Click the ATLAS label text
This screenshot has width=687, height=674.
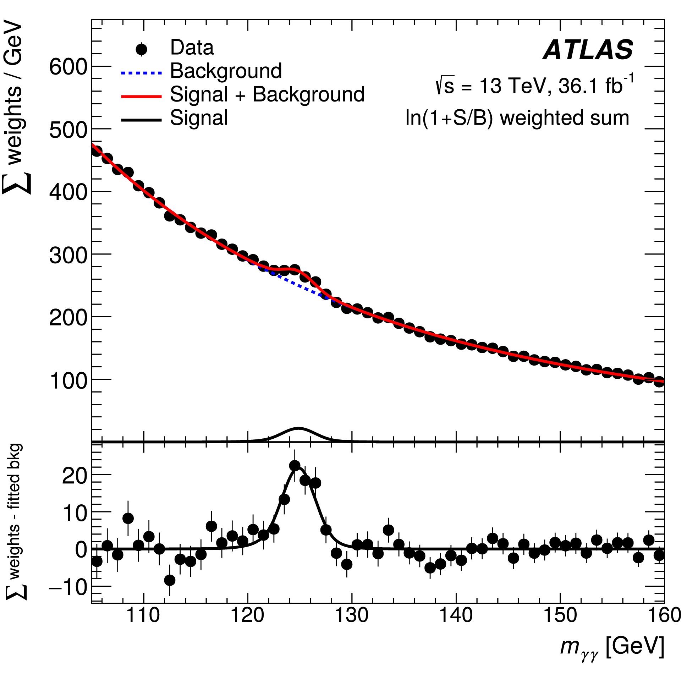[x=588, y=50]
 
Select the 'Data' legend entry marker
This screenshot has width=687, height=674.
[x=141, y=49]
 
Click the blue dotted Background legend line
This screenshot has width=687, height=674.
[x=141, y=73]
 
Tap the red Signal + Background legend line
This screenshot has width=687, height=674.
[x=141, y=97]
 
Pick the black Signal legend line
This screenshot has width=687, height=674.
[x=141, y=120]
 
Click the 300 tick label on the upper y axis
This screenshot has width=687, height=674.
[x=68, y=254]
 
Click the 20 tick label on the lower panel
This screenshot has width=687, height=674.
[x=74, y=475]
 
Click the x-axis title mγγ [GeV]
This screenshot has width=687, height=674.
[x=612, y=647]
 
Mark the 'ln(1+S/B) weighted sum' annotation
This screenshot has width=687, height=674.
[x=517, y=118]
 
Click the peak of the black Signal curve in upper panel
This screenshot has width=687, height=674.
[x=298, y=428]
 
